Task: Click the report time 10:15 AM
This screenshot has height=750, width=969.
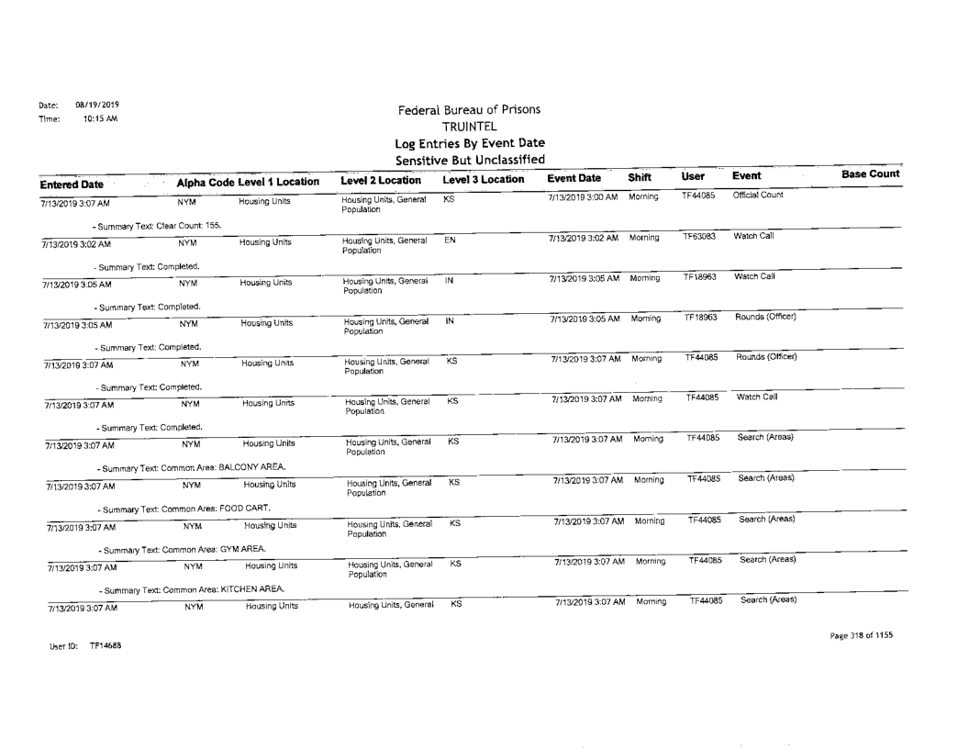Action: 87,118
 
